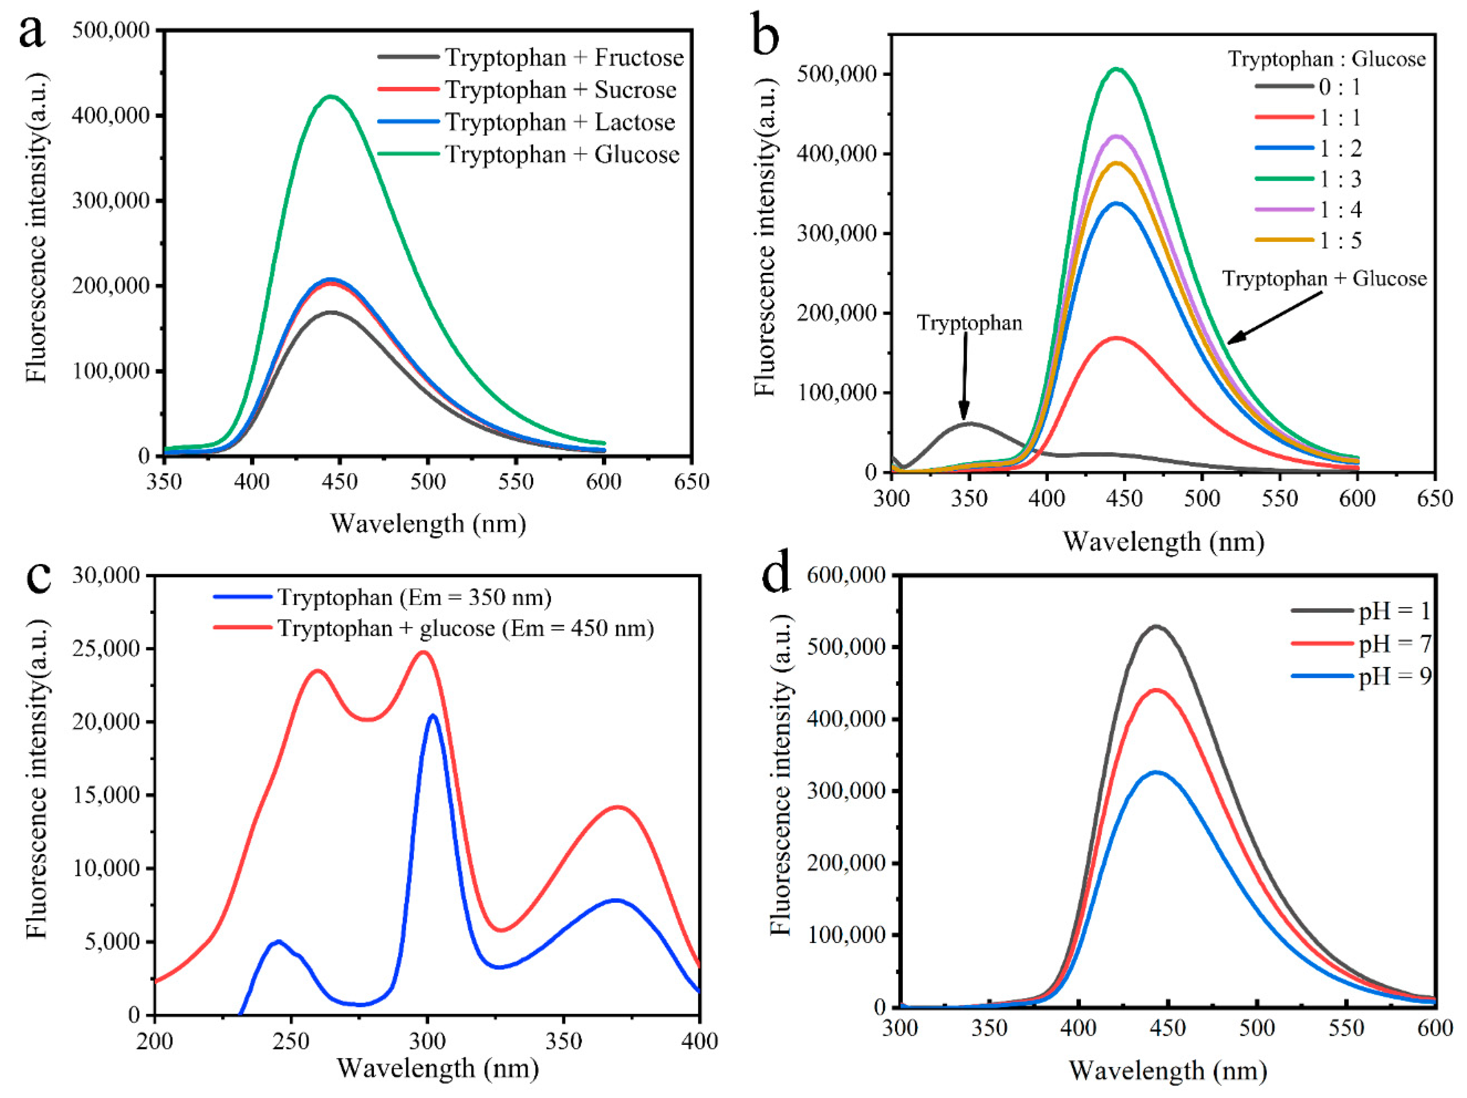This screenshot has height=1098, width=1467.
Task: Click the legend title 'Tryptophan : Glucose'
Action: pyautogui.click(x=1326, y=59)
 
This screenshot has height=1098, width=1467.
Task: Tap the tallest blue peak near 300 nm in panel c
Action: pyautogui.click(x=433, y=716)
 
